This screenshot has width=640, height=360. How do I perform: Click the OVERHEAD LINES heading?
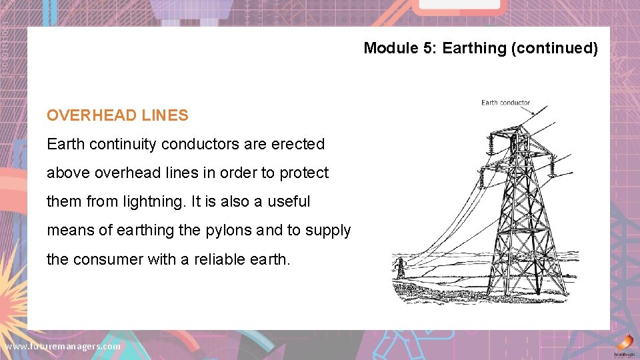point(117,115)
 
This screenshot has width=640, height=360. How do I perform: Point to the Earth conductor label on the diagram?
point(505,103)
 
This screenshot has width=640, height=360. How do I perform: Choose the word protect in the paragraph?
point(304,173)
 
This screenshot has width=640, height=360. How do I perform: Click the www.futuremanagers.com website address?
point(63,346)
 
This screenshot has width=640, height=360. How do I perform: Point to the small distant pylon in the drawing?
point(400,268)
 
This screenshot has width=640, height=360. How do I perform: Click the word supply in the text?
point(327,230)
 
